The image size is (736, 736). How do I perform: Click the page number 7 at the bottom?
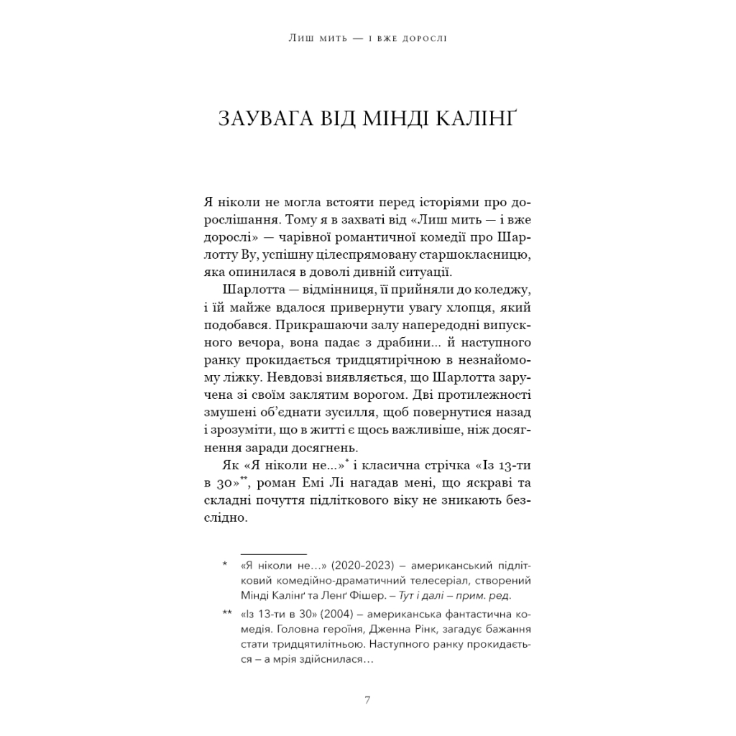(x=367, y=699)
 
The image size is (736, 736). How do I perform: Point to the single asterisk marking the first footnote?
(x=224, y=565)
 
